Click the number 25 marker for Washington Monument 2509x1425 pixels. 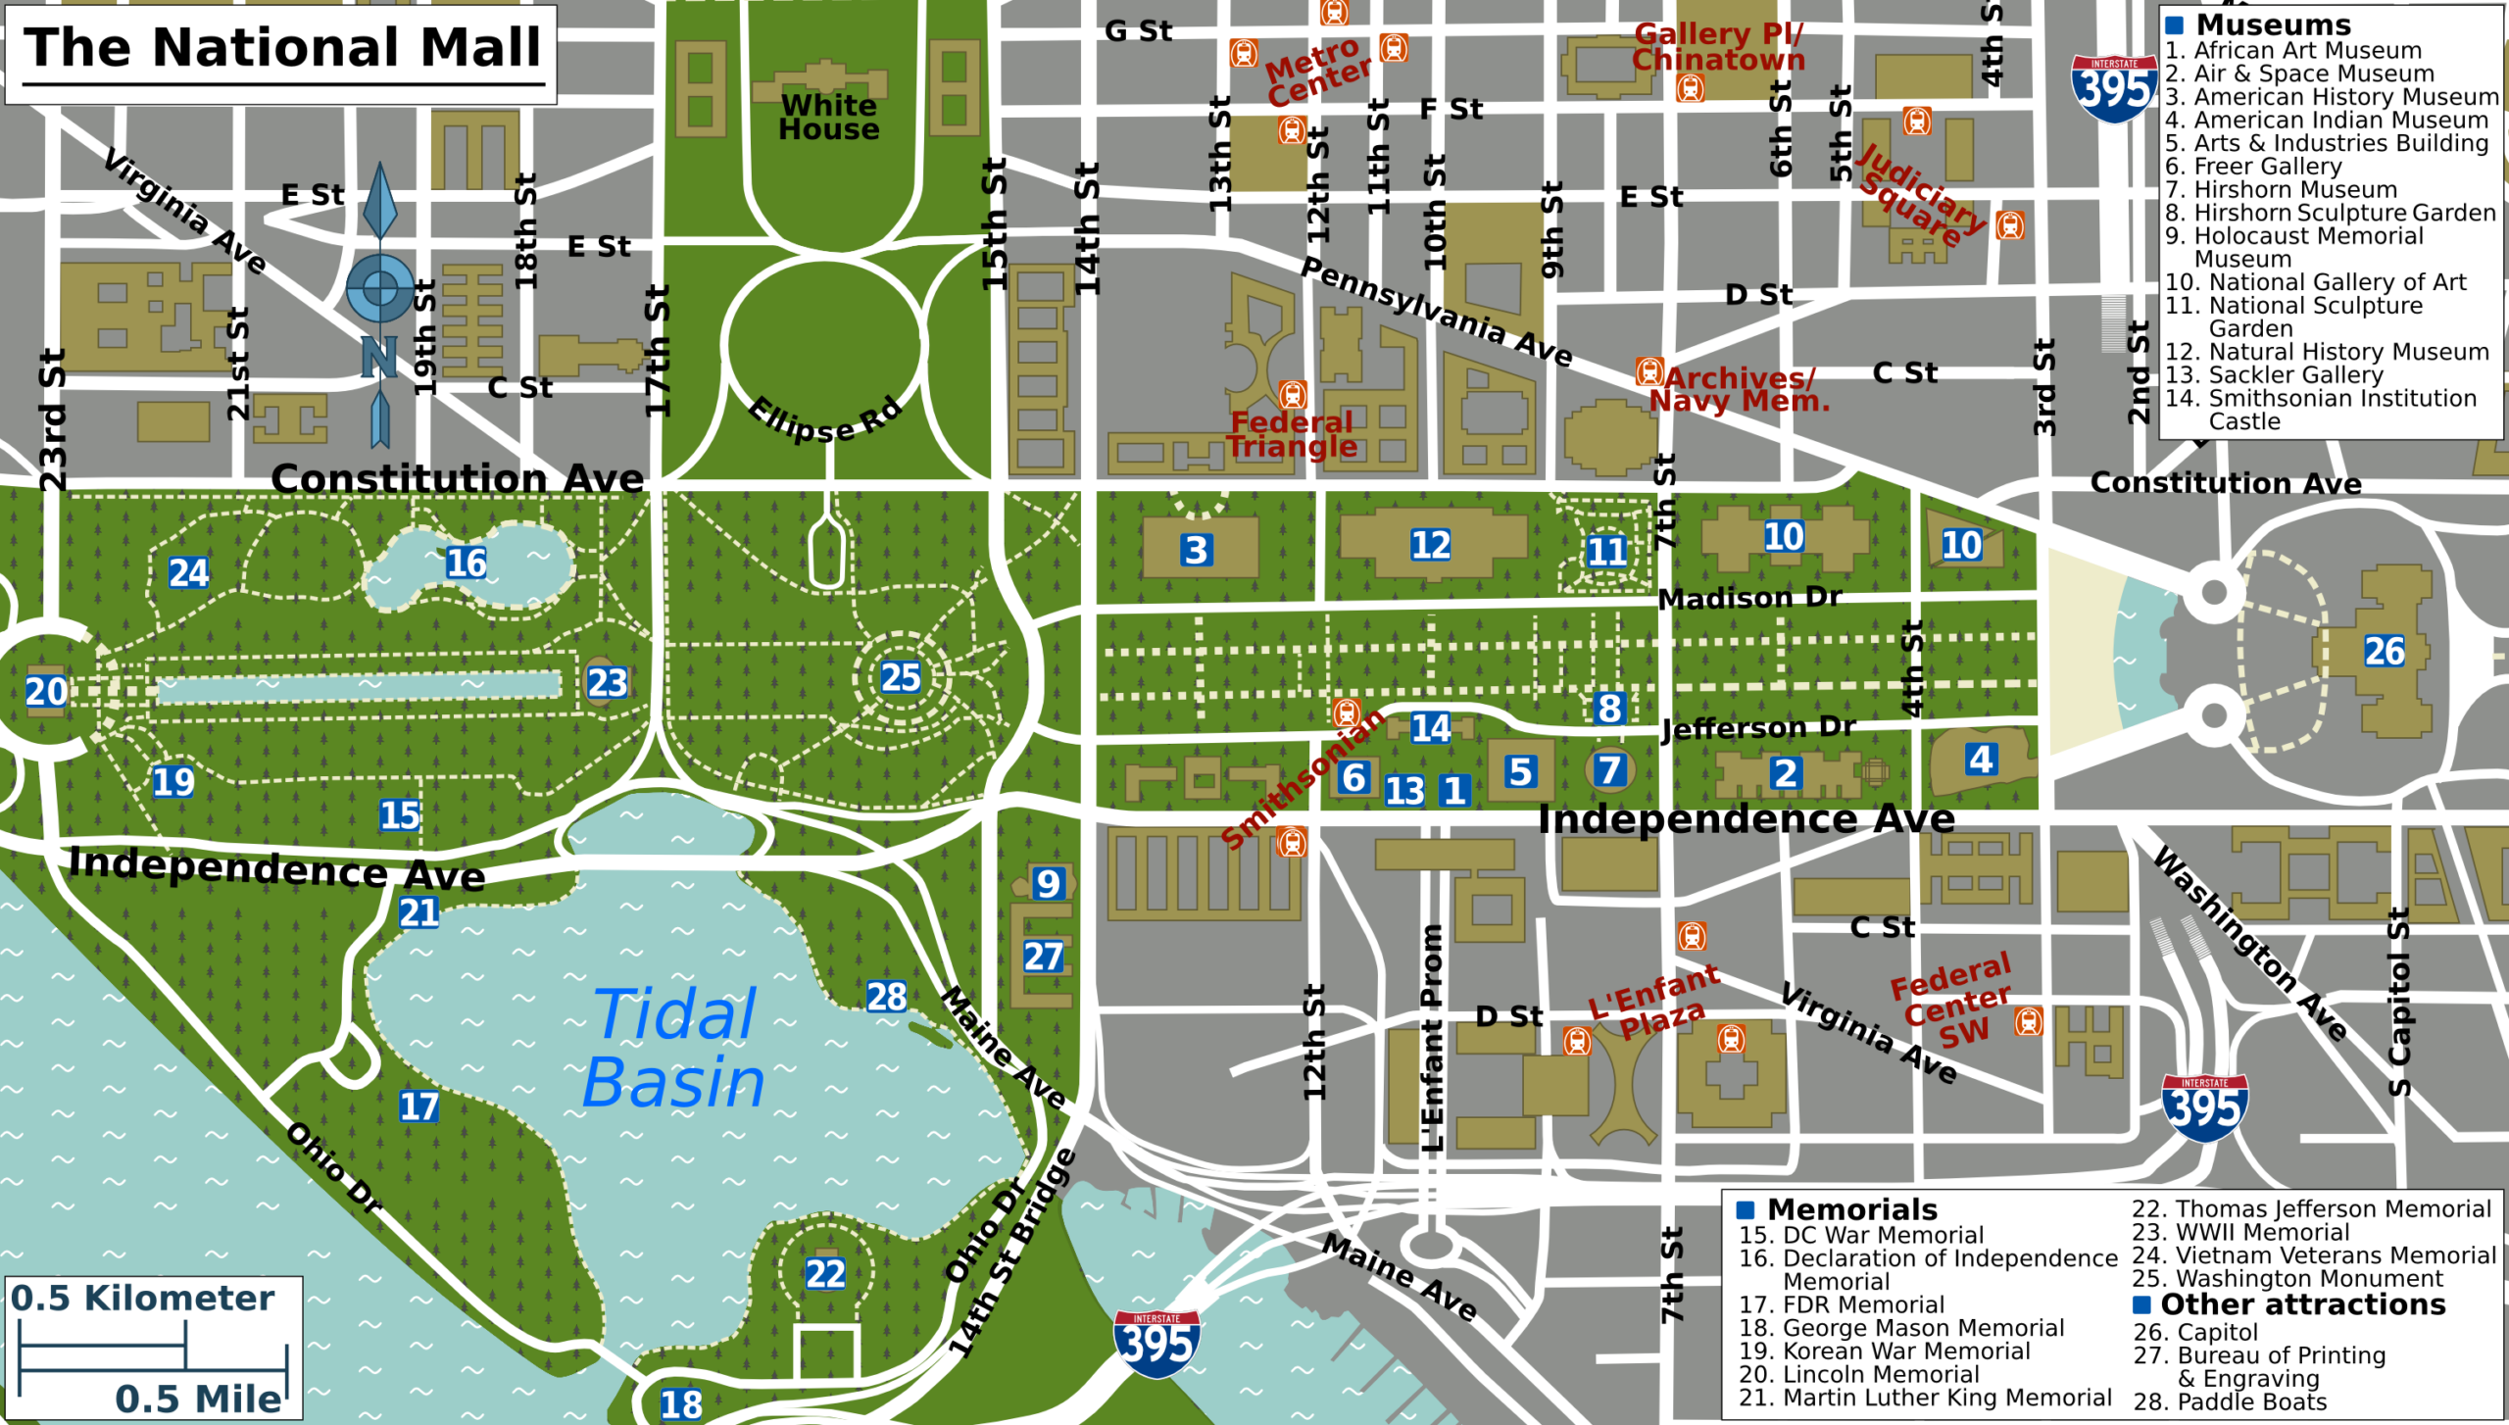[x=900, y=677]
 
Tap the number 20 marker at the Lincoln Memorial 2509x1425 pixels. [x=46, y=692]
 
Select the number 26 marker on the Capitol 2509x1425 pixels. [x=2384, y=651]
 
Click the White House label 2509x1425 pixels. [x=828, y=118]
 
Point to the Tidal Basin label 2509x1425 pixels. [x=673, y=1049]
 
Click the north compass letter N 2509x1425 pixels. [x=378, y=358]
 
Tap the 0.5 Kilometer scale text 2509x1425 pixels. [x=142, y=1299]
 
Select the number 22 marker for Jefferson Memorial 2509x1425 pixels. [x=825, y=1274]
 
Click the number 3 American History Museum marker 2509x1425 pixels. [x=1196, y=550]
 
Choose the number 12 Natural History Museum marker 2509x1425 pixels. [x=1430, y=545]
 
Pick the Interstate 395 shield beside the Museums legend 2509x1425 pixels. [x=2114, y=90]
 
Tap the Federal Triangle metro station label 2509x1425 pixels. [x=1292, y=434]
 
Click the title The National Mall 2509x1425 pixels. [x=282, y=48]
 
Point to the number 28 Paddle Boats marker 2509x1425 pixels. [x=886, y=997]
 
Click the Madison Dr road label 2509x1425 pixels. [x=1749, y=598]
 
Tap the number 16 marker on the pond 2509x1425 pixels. [x=466, y=563]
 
